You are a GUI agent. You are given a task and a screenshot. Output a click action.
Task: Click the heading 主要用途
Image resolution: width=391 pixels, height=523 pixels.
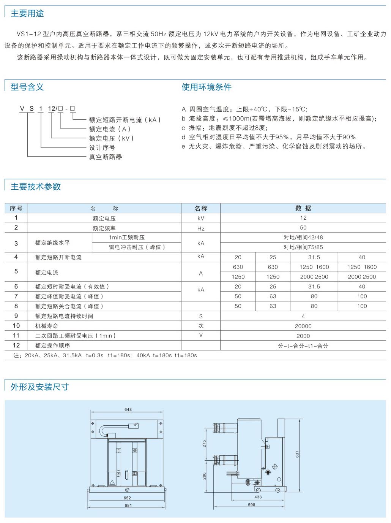click(27, 14)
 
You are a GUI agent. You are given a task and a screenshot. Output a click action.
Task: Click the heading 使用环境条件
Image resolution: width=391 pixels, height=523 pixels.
click(206, 87)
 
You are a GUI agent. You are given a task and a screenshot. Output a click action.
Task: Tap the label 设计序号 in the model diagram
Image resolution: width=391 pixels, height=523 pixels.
click(102, 147)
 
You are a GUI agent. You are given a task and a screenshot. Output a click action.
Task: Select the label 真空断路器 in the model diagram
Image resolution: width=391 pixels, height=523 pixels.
click(106, 157)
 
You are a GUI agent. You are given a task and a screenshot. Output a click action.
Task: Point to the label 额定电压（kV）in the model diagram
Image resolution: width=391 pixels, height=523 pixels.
click(112, 138)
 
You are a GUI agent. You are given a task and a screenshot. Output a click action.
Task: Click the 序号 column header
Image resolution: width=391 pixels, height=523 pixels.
click(16, 208)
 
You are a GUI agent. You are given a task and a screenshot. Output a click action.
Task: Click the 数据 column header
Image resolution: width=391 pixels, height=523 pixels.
click(303, 208)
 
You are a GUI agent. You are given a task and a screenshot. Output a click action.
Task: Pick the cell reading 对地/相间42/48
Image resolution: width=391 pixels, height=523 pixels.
click(303, 237)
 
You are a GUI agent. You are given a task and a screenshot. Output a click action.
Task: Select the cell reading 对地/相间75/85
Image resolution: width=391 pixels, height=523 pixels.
click(303, 247)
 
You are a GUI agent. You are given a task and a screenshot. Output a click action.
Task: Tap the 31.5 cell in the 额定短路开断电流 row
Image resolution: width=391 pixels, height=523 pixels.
click(314, 257)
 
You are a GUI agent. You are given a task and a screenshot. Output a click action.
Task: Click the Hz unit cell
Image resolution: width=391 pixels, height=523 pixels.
click(201, 228)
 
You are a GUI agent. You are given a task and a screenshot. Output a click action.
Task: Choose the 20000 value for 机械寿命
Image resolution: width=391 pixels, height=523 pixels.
click(303, 326)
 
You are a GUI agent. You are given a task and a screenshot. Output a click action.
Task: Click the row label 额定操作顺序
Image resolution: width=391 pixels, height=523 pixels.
click(53, 345)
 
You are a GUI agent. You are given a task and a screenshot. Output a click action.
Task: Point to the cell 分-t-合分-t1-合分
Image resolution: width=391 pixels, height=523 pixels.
click(303, 346)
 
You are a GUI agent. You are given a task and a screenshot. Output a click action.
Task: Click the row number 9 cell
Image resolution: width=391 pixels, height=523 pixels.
click(16, 316)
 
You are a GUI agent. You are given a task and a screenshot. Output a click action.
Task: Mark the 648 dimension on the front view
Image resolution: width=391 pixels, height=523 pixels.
click(128, 409)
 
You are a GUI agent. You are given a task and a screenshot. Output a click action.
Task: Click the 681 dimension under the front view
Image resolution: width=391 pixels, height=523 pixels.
click(128, 505)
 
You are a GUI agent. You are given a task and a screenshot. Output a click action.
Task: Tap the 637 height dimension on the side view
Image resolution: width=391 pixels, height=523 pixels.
click(297, 454)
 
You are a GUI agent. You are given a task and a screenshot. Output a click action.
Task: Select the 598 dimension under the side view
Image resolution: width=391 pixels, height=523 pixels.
click(251, 505)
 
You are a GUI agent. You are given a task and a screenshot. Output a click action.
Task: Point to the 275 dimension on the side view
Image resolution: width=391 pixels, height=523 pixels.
click(204, 444)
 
